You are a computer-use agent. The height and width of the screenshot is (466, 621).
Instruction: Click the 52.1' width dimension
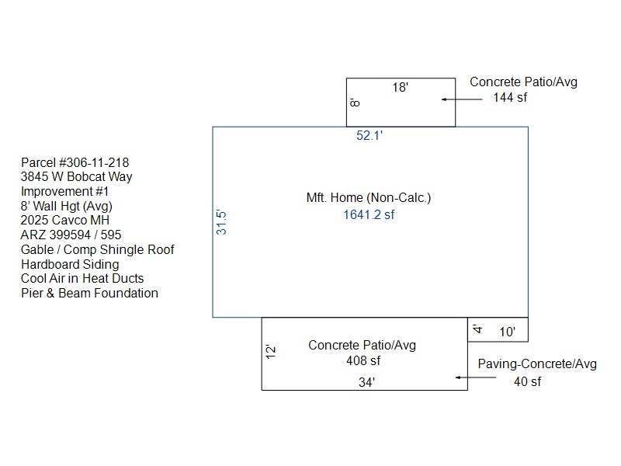(x=369, y=135)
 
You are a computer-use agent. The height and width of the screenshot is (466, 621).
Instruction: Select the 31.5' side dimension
(x=221, y=222)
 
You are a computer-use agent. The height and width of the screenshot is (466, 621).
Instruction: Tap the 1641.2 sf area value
(x=369, y=215)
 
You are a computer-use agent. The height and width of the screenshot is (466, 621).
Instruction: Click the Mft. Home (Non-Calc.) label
(x=369, y=197)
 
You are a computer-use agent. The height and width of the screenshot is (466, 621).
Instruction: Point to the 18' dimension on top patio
(x=400, y=87)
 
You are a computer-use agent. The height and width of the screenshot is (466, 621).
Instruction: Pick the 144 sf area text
(x=510, y=98)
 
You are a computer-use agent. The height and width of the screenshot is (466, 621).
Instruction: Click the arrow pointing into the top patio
(x=462, y=99)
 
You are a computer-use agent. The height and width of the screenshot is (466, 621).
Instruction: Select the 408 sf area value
(x=363, y=360)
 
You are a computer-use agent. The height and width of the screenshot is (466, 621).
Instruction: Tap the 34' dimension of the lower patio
(x=366, y=382)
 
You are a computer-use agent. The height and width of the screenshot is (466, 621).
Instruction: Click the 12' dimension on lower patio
(x=270, y=352)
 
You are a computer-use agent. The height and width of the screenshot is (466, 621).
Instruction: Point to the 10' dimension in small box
(x=508, y=332)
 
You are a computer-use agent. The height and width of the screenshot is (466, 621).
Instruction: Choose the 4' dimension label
(x=477, y=329)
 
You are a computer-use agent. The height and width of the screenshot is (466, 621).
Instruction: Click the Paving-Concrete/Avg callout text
(x=537, y=363)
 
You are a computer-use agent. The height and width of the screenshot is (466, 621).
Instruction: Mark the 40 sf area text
(x=528, y=381)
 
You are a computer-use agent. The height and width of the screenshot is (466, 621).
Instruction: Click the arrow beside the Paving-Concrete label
(x=476, y=377)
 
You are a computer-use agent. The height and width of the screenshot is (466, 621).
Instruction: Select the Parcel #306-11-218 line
(x=75, y=162)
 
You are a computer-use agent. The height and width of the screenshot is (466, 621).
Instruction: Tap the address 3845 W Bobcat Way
(x=76, y=177)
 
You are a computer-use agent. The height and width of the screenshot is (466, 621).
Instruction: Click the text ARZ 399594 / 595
(x=71, y=235)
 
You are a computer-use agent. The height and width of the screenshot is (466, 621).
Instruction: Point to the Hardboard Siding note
(x=70, y=264)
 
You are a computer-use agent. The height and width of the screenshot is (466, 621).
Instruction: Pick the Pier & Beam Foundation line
(x=89, y=294)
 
